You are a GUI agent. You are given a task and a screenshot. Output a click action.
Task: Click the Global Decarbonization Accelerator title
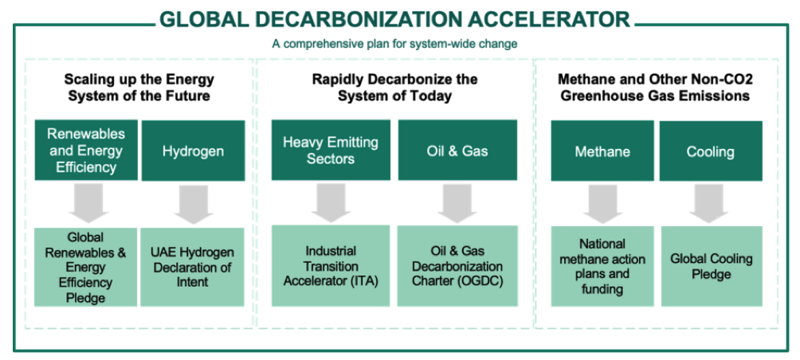coord(395,20)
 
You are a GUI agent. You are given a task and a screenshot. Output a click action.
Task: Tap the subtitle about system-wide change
coord(395,44)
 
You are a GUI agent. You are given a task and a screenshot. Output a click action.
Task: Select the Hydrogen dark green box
coord(194,151)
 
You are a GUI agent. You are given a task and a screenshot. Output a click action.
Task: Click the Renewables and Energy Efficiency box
coord(86,150)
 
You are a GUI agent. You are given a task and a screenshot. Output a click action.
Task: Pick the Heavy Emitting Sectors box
coord(331,150)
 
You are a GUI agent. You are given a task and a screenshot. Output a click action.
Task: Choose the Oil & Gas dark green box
coord(457,150)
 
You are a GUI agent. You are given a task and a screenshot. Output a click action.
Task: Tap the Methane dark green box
coord(602,151)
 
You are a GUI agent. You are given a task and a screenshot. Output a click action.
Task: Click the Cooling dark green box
coord(711,151)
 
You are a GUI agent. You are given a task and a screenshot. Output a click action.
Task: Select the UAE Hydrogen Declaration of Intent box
coord(192,267)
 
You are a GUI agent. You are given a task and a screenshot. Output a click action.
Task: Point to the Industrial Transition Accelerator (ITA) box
coord(331,266)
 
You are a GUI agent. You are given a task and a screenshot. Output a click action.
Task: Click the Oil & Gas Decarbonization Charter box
coord(457,266)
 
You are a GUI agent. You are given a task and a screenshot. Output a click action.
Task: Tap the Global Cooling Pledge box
coord(712,266)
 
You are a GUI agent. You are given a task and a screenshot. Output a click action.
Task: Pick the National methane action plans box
coord(602,266)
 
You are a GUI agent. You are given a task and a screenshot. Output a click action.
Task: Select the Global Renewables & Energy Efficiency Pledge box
coord(86,267)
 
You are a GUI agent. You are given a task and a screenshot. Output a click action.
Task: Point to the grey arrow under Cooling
coord(709,203)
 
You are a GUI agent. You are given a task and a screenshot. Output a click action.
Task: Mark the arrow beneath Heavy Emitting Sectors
coord(331,202)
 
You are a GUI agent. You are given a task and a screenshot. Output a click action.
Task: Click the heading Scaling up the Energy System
coord(139,87)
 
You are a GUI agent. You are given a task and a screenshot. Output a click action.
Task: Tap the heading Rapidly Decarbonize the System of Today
coord(394,87)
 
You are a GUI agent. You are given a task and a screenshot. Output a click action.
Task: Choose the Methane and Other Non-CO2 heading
coord(655,87)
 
